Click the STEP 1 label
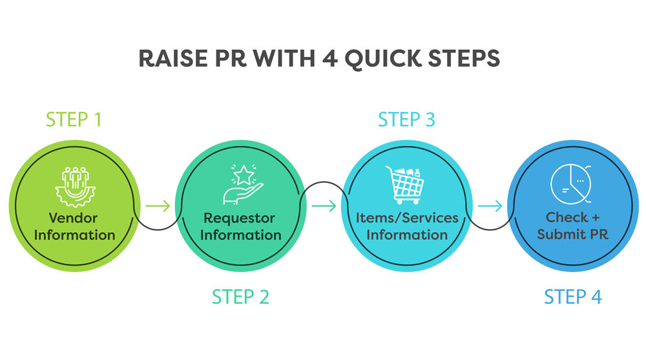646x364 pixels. tap(74, 120)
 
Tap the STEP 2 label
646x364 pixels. tap(240, 297)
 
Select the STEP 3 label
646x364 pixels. tap(406, 120)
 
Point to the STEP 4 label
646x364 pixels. tap(573, 297)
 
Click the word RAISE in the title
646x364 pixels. tap(173, 58)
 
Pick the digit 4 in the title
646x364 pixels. tap(329, 58)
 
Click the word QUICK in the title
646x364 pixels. tap(382, 59)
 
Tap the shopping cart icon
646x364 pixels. tap(405, 185)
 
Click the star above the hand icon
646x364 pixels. tap(244, 175)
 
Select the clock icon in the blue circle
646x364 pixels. tap(571, 184)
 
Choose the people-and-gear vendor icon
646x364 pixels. tap(76, 187)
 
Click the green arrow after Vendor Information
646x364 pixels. tap(158, 206)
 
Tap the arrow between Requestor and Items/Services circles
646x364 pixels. tap(324, 206)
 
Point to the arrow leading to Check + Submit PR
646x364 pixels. tap(490, 206)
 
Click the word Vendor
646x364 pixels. tap(74, 218)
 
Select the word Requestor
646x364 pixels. tap(240, 218)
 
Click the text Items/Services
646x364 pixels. tap(407, 218)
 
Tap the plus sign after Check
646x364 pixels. tap(596, 218)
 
